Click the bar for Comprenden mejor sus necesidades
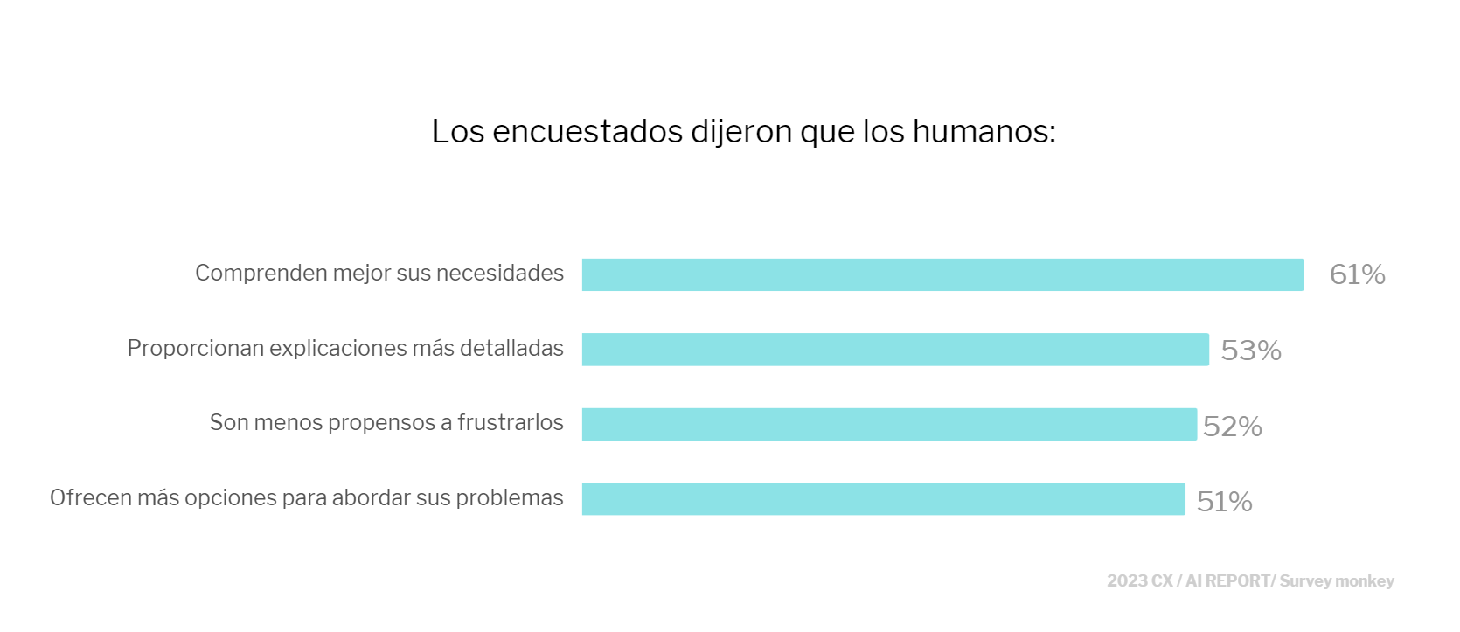(x=942, y=274)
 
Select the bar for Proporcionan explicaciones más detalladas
(x=895, y=350)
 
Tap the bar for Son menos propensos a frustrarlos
(x=889, y=424)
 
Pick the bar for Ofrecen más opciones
(x=883, y=499)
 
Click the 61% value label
(x=1357, y=275)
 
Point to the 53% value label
(x=1250, y=351)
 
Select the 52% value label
(x=1232, y=427)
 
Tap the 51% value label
(x=1224, y=502)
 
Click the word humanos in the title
(x=984, y=132)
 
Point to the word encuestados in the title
(x=587, y=132)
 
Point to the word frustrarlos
(x=511, y=423)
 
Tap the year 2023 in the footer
(x=1127, y=581)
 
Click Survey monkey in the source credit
(x=1337, y=581)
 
